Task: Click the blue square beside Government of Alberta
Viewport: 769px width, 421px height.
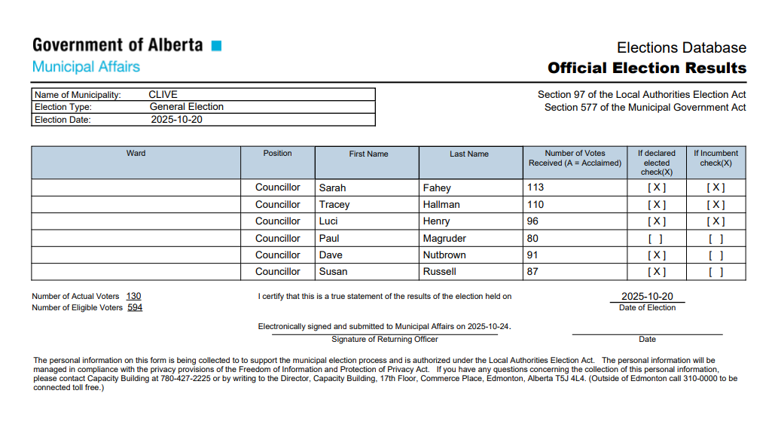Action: pos(217,46)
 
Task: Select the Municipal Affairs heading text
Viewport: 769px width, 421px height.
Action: pos(86,67)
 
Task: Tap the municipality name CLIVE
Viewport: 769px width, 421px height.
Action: pos(163,95)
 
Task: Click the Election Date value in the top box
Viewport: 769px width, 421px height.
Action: pos(176,120)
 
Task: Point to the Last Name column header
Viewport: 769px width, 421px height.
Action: pos(469,154)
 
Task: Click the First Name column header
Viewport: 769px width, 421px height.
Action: pos(368,154)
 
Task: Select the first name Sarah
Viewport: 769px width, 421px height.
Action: pos(332,188)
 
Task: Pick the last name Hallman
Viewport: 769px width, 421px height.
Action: pos(441,205)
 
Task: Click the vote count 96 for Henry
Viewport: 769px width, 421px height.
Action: pos(533,221)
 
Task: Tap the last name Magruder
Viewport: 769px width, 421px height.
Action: pos(444,239)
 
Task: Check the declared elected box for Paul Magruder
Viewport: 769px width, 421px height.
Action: pos(656,239)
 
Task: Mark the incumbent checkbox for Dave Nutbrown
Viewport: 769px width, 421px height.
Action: pos(716,255)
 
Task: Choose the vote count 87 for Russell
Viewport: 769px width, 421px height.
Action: pos(533,272)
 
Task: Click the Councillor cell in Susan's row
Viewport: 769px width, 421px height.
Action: pos(277,272)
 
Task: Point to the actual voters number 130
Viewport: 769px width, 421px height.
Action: pos(133,296)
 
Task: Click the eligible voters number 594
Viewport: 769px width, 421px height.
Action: pos(135,307)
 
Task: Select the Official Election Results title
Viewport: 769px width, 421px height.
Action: pos(647,68)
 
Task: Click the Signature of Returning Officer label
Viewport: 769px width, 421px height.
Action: pos(385,340)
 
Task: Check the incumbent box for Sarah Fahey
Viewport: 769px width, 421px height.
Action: pos(716,188)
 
